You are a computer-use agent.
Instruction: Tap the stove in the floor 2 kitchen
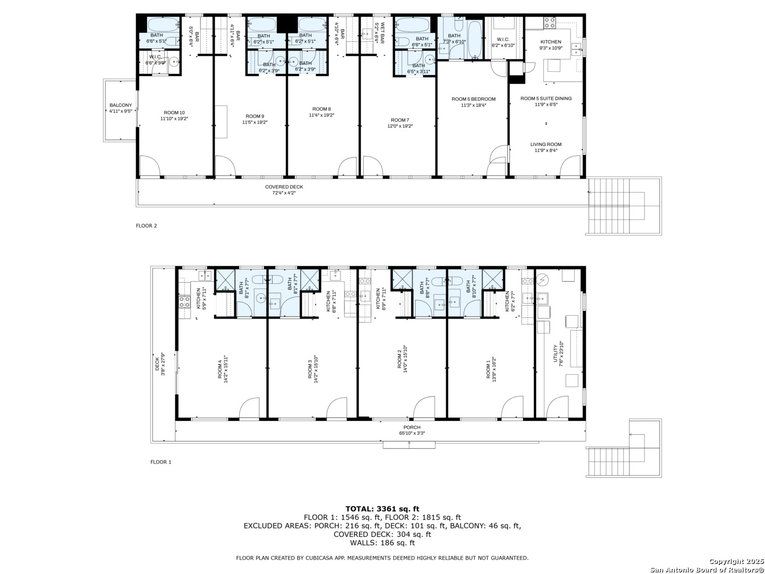click(x=549, y=23)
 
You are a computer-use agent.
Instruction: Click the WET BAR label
click(x=379, y=32)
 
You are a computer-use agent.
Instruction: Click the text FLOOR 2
click(x=147, y=226)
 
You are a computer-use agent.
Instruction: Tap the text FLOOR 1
click(x=161, y=462)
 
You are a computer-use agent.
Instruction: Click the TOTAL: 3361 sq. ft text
click(x=382, y=509)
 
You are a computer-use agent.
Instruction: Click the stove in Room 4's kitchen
click(x=184, y=302)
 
